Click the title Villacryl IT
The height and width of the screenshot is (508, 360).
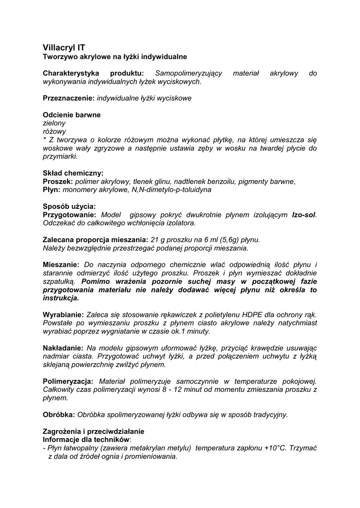tap(64, 48)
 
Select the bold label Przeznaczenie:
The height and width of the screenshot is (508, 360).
tap(69, 98)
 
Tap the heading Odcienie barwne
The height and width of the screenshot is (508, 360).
tap(72, 115)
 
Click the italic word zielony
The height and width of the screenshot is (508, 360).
tap(54, 123)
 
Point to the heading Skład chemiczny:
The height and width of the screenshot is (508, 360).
tap(73, 173)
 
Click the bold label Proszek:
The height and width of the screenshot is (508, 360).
tap(58, 182)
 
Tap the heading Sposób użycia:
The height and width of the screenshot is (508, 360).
tap(70, 206)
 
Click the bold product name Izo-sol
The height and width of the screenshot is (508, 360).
tap(303, 215)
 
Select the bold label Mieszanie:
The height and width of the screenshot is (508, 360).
tap(61, 264)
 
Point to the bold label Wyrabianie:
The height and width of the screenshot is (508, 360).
tap(64, 315)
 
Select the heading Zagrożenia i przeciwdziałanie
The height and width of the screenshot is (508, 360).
tap(93, 431)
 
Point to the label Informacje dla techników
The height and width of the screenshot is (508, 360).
tap(86, 439)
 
